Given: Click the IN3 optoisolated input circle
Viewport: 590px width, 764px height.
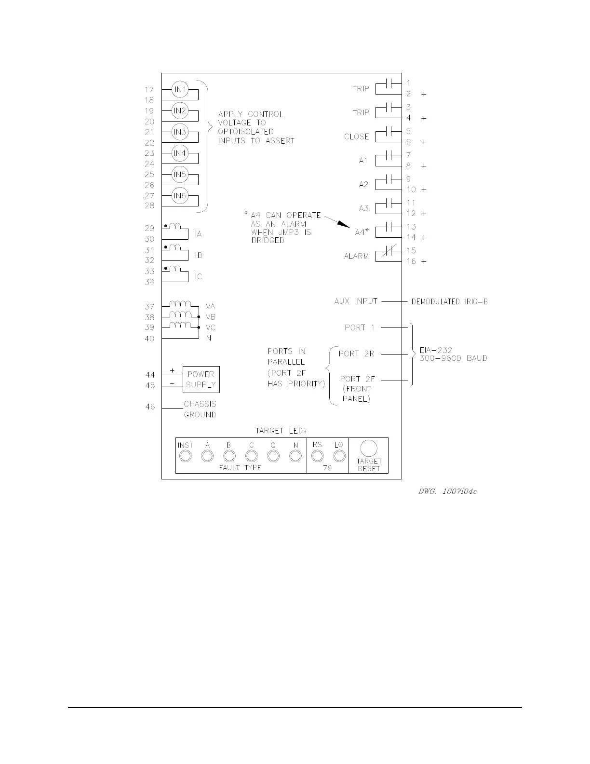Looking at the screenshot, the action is (x=180, y=132).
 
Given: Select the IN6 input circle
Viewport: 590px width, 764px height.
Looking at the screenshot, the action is (x=180, y=196).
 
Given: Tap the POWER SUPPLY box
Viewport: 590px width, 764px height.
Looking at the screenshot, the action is (x=201, y=380).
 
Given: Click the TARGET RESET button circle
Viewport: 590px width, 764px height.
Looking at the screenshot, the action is (x=369, y=449).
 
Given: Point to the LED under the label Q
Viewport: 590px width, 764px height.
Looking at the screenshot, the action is (x=273, y=456).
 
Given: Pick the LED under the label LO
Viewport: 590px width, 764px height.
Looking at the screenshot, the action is (x=339, y=456).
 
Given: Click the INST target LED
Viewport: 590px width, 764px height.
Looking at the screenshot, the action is (x=186, y=456).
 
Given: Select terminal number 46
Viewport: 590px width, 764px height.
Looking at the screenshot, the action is (x=150, y=407).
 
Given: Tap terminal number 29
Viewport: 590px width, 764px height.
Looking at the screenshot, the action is (x=149, y=228).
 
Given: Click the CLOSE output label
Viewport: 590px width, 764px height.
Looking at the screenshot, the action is (x=357, y=136).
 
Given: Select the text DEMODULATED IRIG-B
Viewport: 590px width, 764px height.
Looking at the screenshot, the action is (x=449, y=302).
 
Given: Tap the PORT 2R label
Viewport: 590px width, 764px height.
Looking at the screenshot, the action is (x=356, y=354).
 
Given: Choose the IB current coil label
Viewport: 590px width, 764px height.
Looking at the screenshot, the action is (x=199, y=255).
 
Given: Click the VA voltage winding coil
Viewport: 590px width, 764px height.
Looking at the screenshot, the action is (x=181, y=304).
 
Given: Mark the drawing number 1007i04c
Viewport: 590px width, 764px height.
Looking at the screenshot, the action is (x=448, y=492).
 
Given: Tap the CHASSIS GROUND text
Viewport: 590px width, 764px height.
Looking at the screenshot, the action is (x=200, y=409).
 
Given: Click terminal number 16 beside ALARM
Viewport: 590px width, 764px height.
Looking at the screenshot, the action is (x=411, y=261).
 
